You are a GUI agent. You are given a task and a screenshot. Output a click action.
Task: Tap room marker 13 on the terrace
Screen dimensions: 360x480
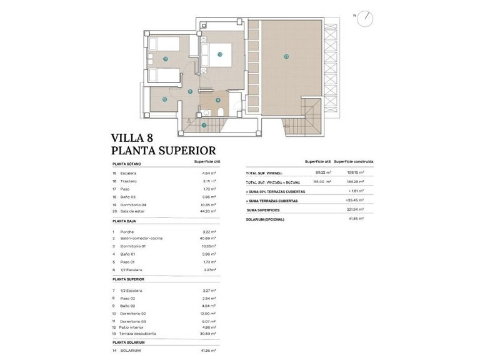pyautogui.click(x=286, y=56)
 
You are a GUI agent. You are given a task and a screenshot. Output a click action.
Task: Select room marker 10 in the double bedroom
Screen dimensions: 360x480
pyautogui.click(x=220, y=54)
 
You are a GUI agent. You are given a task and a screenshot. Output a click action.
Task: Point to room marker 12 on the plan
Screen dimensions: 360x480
pyautogui.click(x=164, y=99)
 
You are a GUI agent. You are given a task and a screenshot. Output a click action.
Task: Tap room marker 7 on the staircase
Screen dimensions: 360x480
pyautogui.click(x=204, y=125)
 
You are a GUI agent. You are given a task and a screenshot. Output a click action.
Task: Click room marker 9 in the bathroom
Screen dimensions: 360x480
pyautogui.click(x=217, y=99)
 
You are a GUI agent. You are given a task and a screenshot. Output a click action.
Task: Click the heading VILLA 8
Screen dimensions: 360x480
pyautogui.click(x=131, y=137)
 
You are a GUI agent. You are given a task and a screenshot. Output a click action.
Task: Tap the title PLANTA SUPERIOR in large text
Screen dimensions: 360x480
pyautogui.click(x=163, y=151)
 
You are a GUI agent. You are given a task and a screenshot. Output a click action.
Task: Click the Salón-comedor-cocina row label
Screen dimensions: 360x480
pyautogui.click(x=141, y=238)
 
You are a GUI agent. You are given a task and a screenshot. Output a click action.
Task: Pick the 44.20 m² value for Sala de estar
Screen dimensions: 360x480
pyautogui.click(x=208, y=211)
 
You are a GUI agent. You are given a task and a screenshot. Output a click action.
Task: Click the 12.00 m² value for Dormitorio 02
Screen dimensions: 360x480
pyautogui.click(x=208, y=314)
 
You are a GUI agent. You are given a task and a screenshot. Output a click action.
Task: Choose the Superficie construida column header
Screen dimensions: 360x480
pyautogui.click(x=354, y=161)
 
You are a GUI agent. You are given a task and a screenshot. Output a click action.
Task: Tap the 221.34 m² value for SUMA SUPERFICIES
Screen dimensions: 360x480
pyautogui.click(x=354, y=210)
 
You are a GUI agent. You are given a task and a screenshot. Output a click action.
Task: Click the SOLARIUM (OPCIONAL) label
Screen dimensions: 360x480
pyautogui.click(x=265, y=219)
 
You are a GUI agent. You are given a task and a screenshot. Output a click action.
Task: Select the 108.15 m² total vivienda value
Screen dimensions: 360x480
pyautogui.click(x=355, y=172)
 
